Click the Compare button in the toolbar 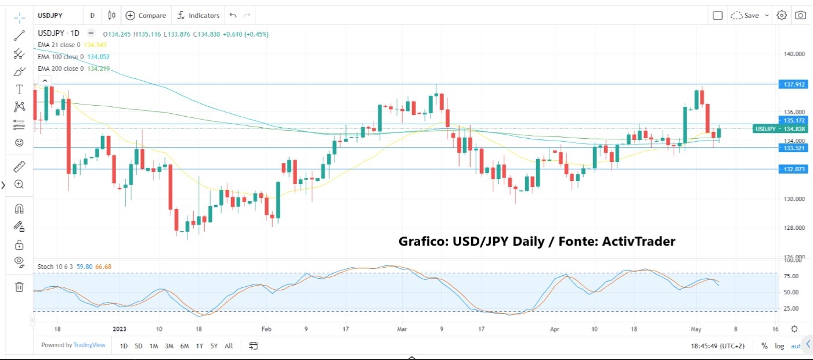tap(146, 16)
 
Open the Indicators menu tap(198, 16)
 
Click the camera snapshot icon tap(800, 16)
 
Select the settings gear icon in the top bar tap(782, 16)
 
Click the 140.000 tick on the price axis tap(794, 54)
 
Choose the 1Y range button tap(200, 346)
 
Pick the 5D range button tap(139, 346)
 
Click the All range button tap(229, 346)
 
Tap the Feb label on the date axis tap(266, 329)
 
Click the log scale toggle tap(779, 346)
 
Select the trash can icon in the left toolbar tap(19, 286)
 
